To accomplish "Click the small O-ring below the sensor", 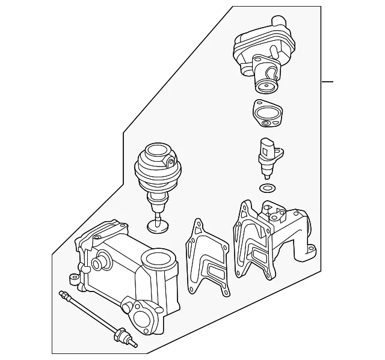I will [266, 189].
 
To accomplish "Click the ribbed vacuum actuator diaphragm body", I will [156, 171].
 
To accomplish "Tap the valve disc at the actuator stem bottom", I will [157, 226].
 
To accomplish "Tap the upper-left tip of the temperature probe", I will [62, 294].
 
